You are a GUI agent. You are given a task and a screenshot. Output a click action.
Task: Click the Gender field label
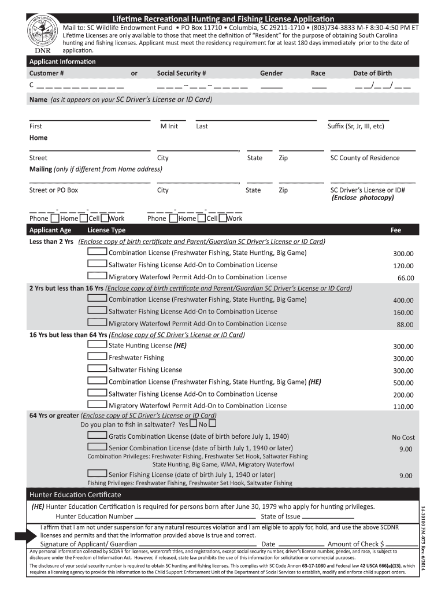tap(271, 73)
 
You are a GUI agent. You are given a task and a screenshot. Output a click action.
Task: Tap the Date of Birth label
tap(372, 73)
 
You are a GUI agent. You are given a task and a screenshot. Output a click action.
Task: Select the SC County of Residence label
tap(365, 158)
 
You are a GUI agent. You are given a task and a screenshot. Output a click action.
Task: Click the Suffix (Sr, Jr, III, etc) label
tap(355, 126)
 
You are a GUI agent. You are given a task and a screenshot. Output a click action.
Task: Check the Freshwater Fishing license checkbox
tap(97, 357)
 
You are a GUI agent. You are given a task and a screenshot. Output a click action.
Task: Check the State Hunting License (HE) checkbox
tap(97, 345)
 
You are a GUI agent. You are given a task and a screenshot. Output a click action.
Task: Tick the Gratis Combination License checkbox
tap(97, 436)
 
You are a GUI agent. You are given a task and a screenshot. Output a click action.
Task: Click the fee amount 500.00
tap(403, 383)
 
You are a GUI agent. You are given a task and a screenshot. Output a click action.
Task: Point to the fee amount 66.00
tap(405, 278)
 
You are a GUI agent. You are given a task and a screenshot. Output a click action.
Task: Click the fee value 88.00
tap(405, 325)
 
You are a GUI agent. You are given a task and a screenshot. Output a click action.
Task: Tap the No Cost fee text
tap(403, 438)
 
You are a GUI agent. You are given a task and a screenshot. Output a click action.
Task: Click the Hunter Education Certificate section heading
tap(75, 495)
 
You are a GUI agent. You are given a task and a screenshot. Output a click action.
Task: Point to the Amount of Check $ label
tap(356, 544)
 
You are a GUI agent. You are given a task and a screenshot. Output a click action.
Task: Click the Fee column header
tap(395, 230)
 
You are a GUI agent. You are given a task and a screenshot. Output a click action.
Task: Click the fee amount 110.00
tap(403, 406)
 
